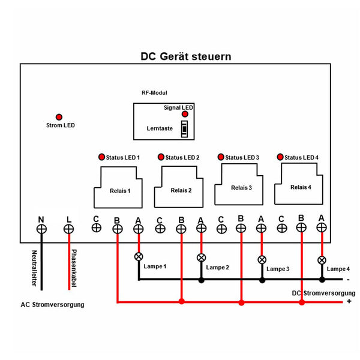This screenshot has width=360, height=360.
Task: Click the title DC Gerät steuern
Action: tap(185, 56)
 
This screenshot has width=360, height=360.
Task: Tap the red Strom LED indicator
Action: tap(59, 117)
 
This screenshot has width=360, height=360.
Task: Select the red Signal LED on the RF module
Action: tap(185, 114)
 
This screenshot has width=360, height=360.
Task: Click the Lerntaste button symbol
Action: tap(185, 128)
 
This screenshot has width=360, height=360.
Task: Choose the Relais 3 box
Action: tap(239, 185)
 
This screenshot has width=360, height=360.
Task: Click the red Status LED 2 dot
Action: tap(161, 157)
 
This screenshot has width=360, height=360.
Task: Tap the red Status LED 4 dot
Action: tap(280, 157)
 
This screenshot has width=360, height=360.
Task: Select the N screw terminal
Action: tap(41, 229)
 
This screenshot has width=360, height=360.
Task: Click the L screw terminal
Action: tap(69, 229)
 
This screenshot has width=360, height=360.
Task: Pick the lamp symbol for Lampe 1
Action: tap(139, 256)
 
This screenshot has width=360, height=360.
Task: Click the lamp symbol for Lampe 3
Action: tap(262, 260)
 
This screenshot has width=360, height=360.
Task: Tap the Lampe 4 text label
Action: tap(338, 269)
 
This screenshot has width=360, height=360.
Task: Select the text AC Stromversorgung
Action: tap(53, 305)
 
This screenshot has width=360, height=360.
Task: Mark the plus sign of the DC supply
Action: tap(349, 301)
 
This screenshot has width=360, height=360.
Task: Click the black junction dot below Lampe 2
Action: tap(202, 280)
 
